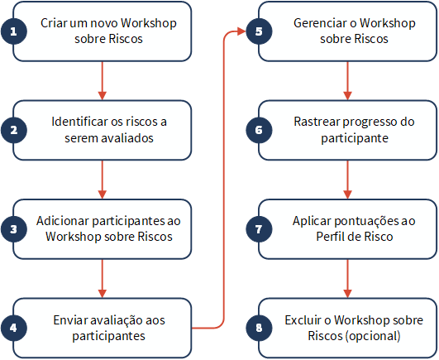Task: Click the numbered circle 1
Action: [14, 31]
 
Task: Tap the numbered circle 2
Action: [14, 130]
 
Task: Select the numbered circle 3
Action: [14, 229]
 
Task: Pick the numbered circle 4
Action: [14, 328]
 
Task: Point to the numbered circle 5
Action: [259, 31]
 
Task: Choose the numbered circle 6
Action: [259, 130]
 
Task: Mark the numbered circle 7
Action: [259, 229]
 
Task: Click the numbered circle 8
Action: [259, 328]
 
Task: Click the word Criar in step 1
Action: [54, 23]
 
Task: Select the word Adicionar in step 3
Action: [63, 221]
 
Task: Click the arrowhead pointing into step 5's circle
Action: [241, 31]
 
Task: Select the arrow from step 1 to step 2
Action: [103, 80]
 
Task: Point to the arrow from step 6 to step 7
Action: [347, 180]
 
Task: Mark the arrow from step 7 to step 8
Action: [347, 278]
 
